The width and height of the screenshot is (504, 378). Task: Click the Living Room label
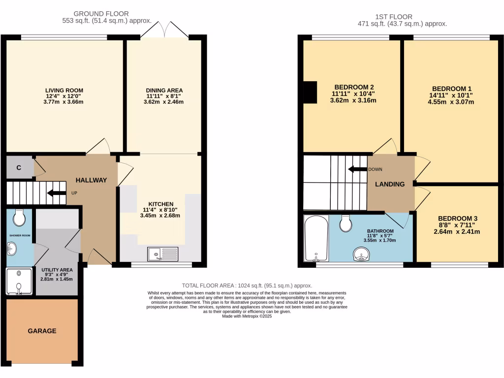coord(64,91)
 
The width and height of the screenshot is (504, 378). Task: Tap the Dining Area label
coord(164,91)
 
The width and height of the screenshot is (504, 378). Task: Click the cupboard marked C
coord(19,168)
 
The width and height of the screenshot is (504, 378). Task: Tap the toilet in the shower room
coord(20,217)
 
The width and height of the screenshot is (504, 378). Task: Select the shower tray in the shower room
coord(19,281)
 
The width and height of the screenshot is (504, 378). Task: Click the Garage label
coord(42,331)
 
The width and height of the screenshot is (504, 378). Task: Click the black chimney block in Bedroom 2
coord(310,93)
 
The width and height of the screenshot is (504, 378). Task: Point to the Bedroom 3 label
coord(458,219)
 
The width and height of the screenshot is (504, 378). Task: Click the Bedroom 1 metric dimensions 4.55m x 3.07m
coord(451,102)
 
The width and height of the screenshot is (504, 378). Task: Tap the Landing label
coord(390,185)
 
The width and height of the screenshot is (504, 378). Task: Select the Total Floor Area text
coord(247,285)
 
